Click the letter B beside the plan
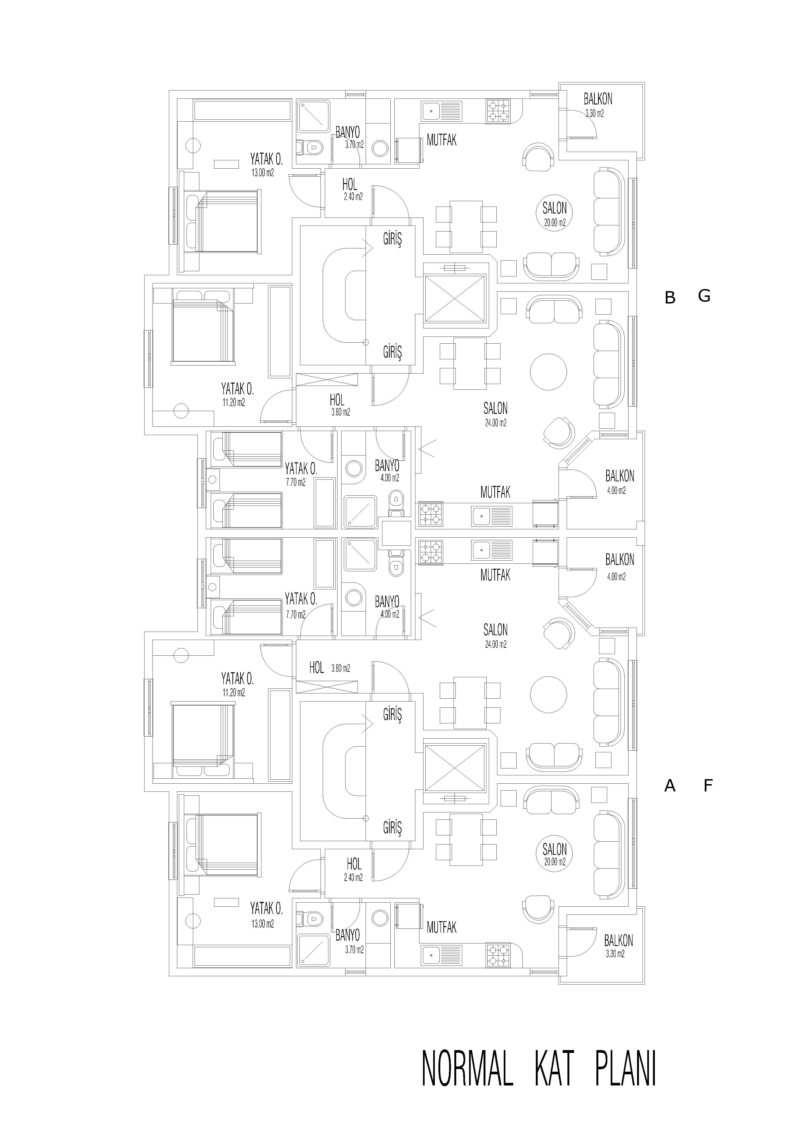click(670, 298)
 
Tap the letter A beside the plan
click(670, 785)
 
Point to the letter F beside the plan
click(708, 785)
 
